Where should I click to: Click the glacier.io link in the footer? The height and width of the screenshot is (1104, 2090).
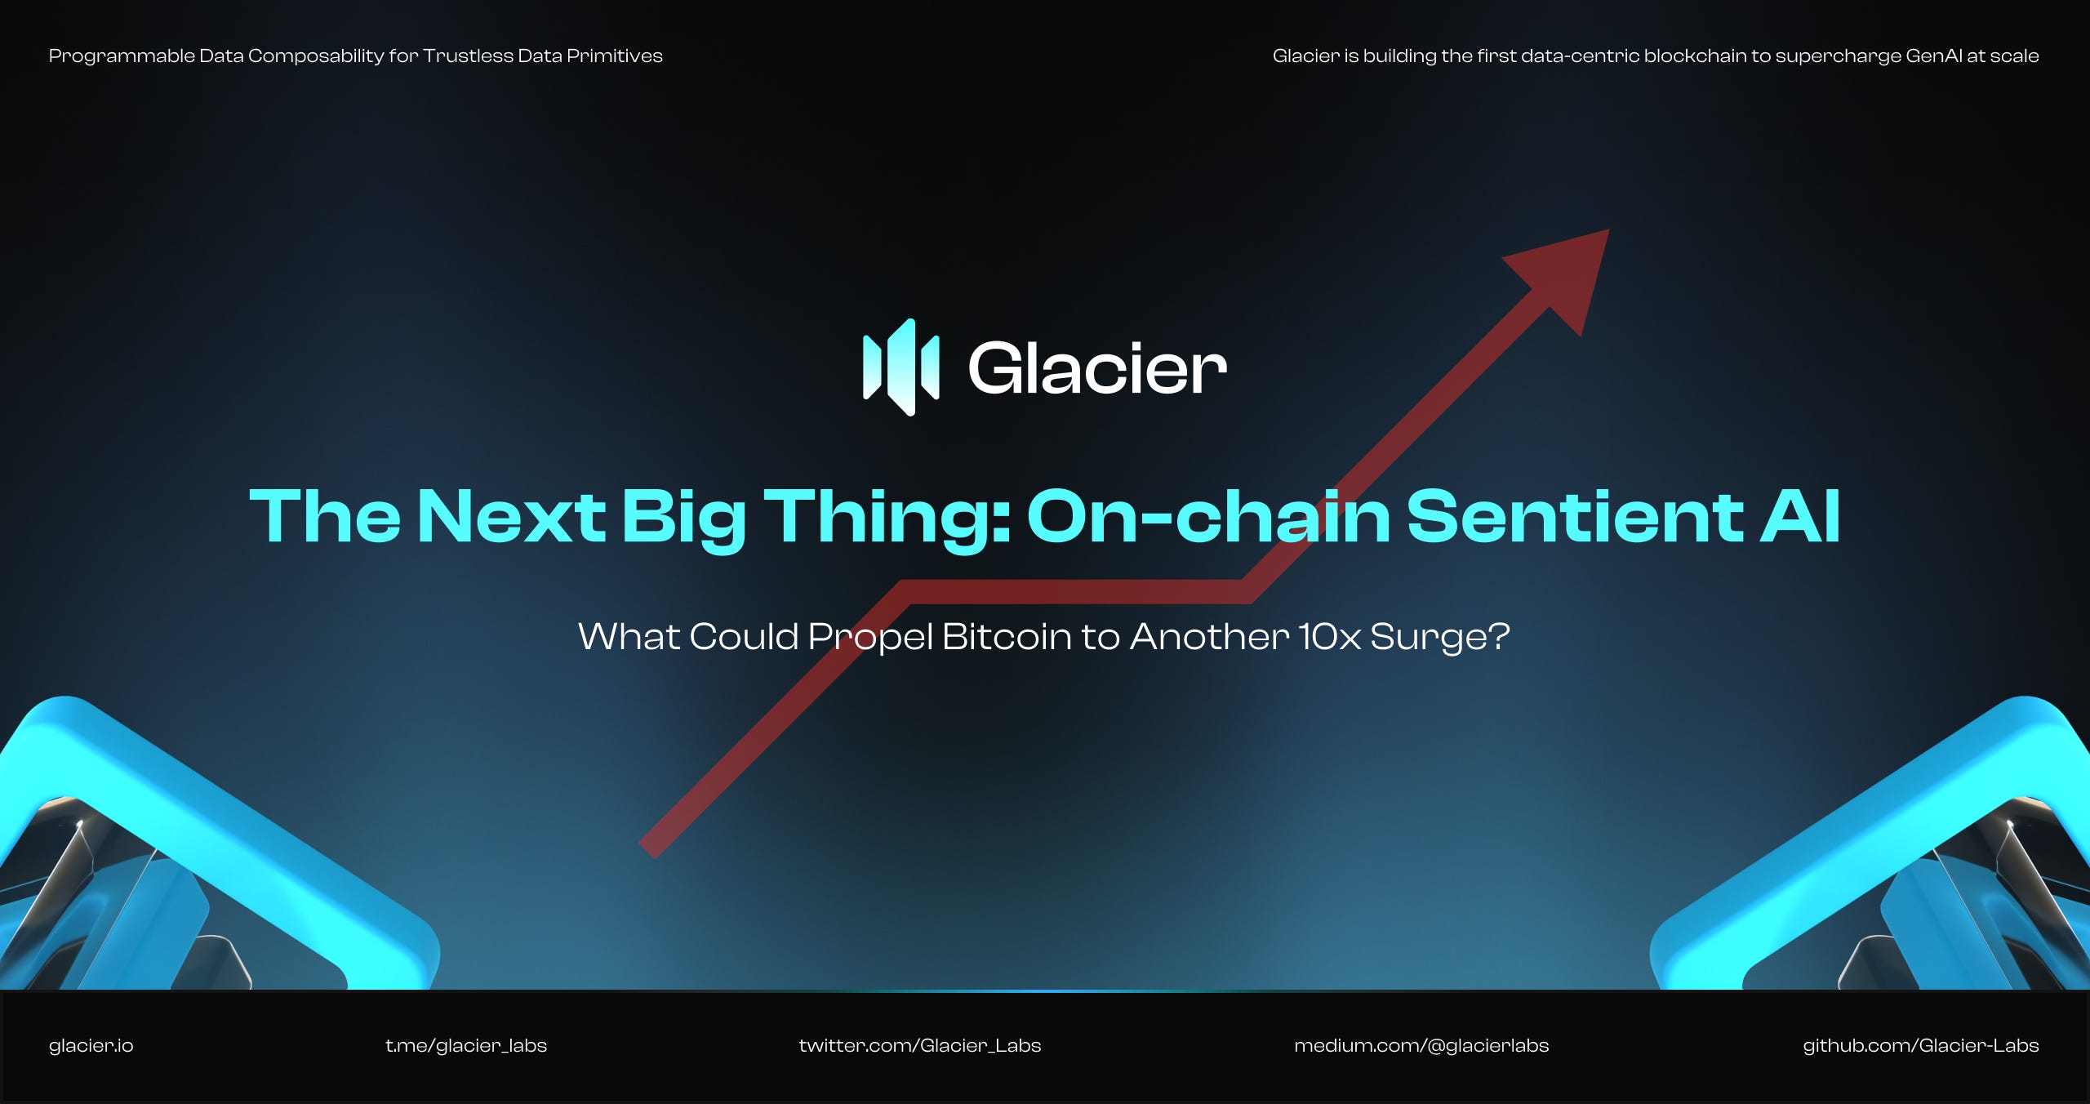91,1045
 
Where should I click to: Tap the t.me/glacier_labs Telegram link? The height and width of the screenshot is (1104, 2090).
465,1045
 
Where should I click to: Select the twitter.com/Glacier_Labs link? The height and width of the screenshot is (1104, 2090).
919,1045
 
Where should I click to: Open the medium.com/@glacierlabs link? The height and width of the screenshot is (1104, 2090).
1421,1045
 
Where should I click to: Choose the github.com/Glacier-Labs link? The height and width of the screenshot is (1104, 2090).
1920,1045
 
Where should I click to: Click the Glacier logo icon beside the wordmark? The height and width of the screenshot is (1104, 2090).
901,367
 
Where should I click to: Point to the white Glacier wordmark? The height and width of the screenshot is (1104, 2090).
1096,369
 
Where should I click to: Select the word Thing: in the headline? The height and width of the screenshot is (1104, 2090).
887,516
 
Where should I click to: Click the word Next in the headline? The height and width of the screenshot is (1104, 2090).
511,516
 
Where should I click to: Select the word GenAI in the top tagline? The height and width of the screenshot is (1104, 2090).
1933,56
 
